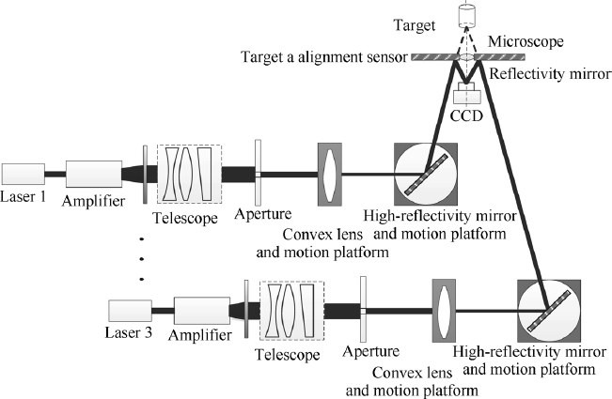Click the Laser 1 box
[24, 174]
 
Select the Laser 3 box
[130, 310]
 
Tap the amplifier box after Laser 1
[93, 174]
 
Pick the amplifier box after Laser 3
[201, 311]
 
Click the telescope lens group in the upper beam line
[191, 174]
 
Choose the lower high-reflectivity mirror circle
[549, 311]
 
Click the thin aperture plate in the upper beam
[256, 174]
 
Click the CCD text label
[466, 115]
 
